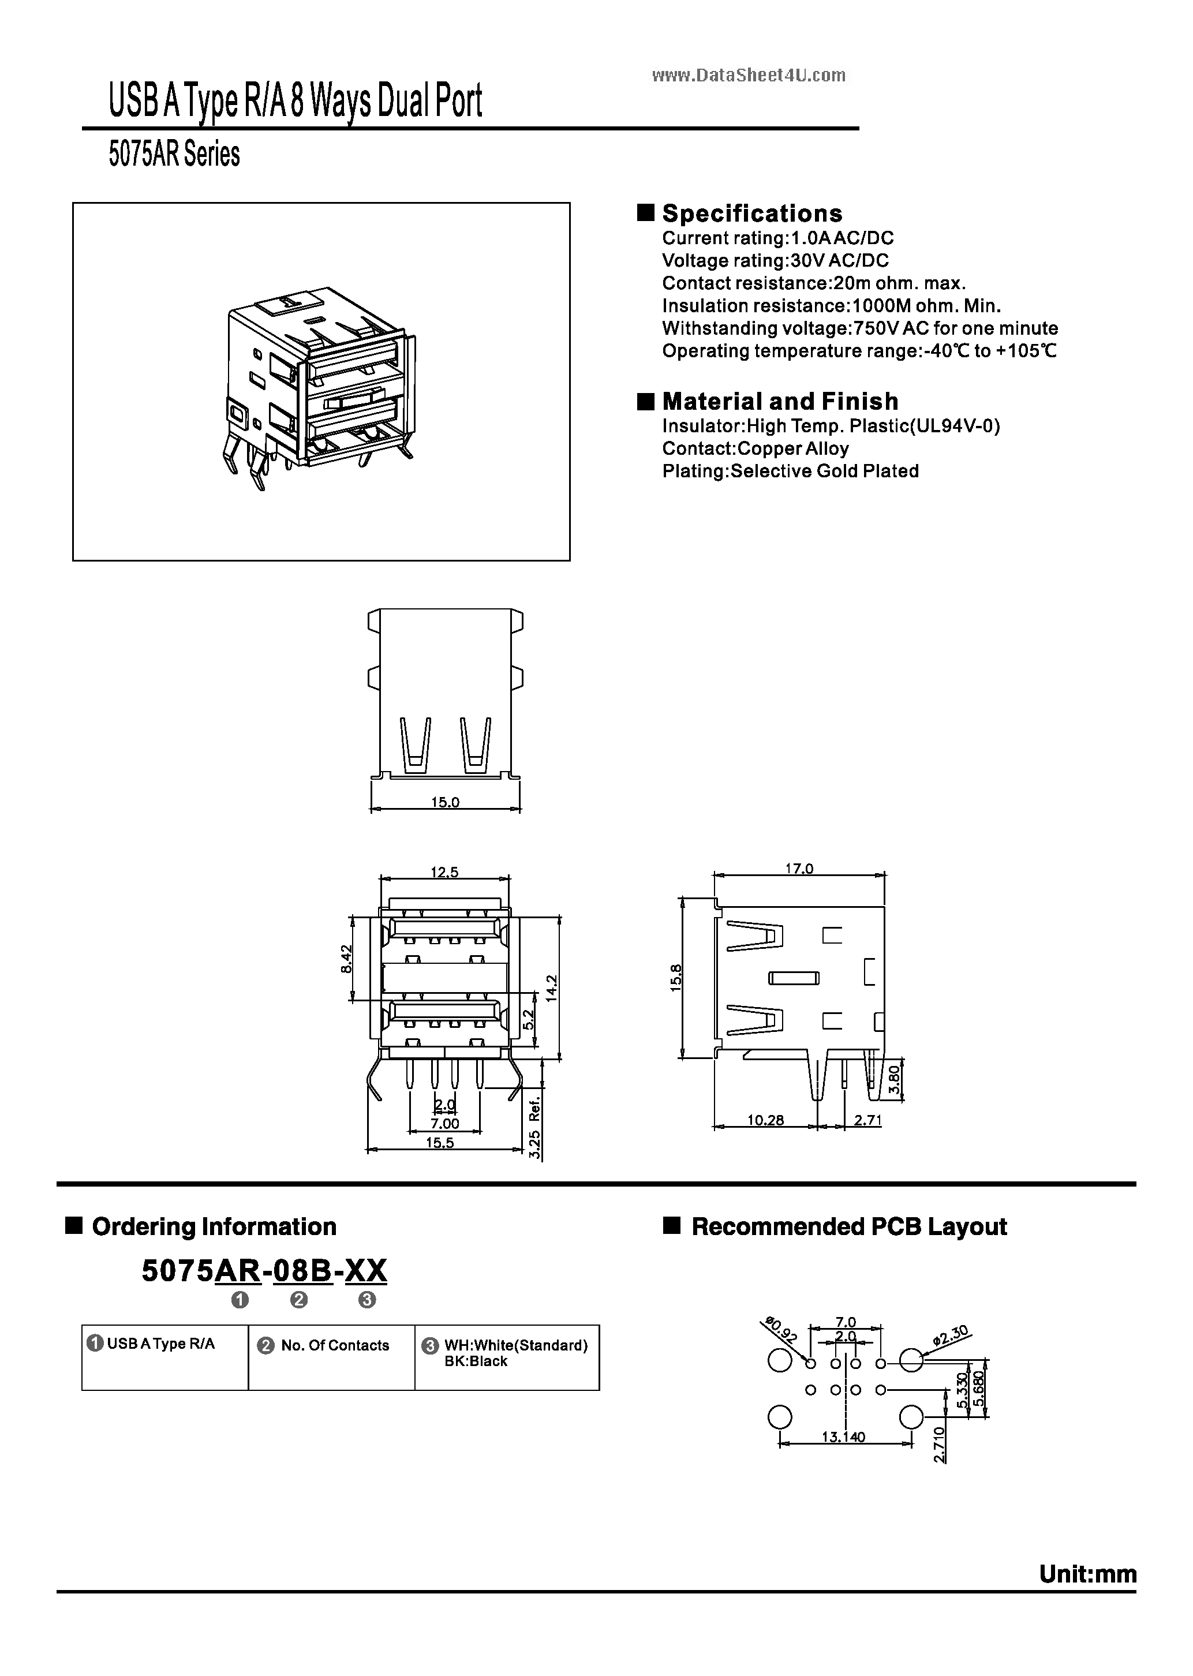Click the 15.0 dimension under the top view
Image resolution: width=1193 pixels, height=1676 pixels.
point(444,802)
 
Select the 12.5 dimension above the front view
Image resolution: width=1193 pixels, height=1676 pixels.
point(444,872)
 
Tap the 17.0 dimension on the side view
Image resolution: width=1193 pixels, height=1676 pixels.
point(799,868)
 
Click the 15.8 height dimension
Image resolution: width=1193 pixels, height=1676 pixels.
point(676,978)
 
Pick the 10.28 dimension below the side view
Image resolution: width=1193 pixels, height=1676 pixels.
point(765,1120)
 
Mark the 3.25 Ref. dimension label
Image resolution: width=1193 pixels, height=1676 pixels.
point(535,1127)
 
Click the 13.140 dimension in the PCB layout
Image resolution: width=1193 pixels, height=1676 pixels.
point(843,1436)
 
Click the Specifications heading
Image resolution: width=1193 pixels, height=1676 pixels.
point(751,214)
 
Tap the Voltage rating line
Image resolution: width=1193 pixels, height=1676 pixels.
point(775,261)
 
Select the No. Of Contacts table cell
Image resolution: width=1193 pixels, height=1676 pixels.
point(334,1345)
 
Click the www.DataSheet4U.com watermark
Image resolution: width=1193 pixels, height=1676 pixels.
point(749,76)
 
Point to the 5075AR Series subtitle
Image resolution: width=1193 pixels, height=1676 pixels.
point(174,154)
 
